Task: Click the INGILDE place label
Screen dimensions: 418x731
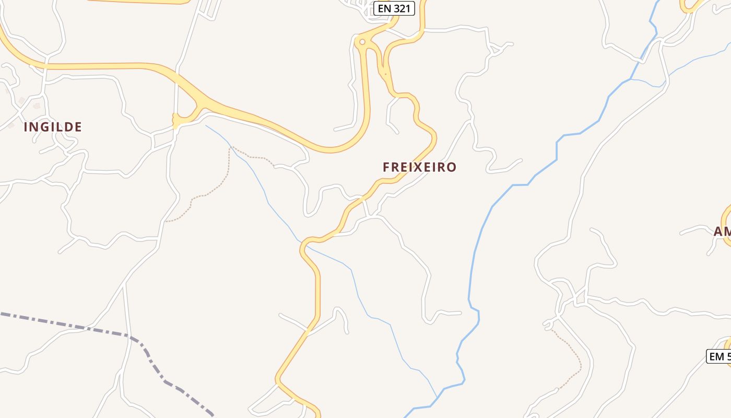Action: pos(53,127)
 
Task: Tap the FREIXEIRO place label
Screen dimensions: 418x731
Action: pos(419,167)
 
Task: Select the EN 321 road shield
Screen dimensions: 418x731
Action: pos(394,8)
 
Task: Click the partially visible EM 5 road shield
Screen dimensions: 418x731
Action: pos(719,356)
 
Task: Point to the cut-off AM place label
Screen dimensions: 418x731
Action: pos(722,231)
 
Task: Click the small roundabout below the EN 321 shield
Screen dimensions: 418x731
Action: pos(362,42)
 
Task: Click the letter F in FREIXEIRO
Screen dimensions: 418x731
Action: pos(387,167)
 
